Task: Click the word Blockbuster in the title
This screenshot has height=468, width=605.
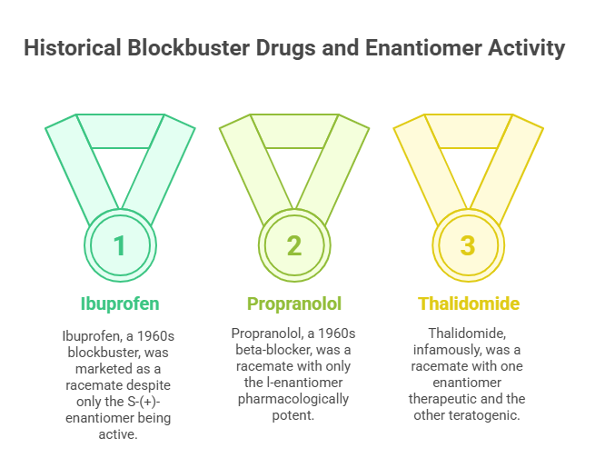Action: pos(189,48)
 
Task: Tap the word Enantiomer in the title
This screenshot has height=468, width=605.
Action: pos(423,48)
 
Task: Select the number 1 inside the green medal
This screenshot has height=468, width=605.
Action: pos(120,245)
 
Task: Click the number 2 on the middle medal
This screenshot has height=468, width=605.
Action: pos(294,245)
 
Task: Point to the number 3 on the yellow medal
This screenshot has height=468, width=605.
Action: pos(468,245)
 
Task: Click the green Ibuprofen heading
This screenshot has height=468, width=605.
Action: pos(120,304)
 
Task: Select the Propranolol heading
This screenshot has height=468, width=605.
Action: pos(294,304)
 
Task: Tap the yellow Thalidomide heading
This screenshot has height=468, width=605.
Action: pos(469,304)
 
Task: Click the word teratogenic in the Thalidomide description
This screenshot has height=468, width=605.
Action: pos(487,415)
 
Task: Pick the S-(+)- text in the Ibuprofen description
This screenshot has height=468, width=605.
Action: pos(144,402)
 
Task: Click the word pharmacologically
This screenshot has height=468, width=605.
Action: pos(293,399)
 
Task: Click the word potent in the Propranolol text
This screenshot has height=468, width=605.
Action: pos(293,416)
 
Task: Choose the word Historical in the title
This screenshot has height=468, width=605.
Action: pos(73,48)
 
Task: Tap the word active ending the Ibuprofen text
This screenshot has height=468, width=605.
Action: pos(118,434)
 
